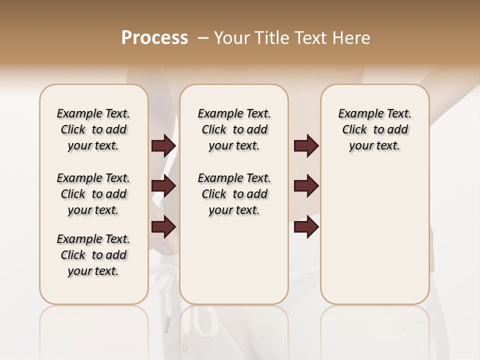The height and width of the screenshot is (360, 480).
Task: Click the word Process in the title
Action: point(154,38)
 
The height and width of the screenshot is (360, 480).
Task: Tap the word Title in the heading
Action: point(270,38)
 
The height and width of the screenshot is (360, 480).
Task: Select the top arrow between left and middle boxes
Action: point(163,146)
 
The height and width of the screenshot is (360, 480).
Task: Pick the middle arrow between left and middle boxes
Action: point(163,186)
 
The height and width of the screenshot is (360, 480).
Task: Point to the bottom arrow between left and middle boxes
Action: point(163,226)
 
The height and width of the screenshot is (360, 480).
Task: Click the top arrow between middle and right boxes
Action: point(306,146)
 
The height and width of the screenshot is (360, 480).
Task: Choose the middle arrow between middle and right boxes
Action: point(306,186)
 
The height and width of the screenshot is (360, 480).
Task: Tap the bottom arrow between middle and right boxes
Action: point(306,226)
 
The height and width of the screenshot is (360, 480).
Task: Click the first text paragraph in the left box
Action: point(93,129)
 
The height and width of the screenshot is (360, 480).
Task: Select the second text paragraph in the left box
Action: point(93,194)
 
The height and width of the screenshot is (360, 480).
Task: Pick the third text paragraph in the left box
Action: point(93,255)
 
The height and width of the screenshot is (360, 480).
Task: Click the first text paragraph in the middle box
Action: point(234,129)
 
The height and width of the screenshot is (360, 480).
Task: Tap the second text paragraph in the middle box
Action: point(234,194)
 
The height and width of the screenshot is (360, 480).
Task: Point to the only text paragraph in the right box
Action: point(375,129)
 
